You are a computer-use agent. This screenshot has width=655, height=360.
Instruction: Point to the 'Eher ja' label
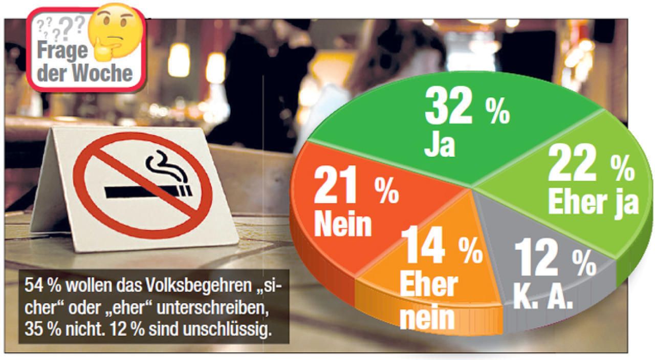tap(593, 202)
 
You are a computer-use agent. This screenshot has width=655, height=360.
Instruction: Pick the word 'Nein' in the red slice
tap(342, 225)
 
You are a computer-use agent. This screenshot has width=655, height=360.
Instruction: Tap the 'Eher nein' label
tap(427, 301)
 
